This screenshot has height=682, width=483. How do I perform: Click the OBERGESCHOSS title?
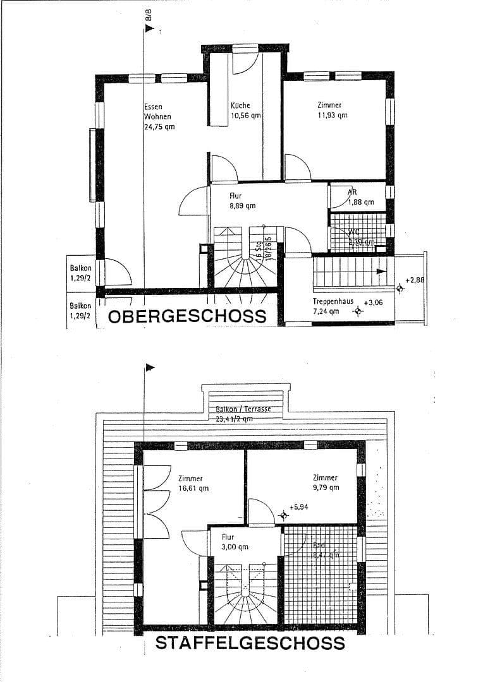click(x=187, y=316)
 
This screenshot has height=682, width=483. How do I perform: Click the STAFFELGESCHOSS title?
click(x=250, y=643)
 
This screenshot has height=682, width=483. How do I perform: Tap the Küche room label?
click(x=240, y=105)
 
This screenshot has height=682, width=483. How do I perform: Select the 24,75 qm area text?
click(x=159, y=126)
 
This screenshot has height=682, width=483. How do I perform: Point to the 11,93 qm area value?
click(x=332, y=116)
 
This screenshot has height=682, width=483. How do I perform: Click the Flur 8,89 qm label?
click(x=241, y=201)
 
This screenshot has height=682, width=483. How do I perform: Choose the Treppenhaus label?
click(x=334, y=301)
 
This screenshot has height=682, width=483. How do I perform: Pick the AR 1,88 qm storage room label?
click(x=360, y=197)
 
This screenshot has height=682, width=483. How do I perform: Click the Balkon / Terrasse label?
click(x=243, y=409)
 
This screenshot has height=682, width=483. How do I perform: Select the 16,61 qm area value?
click(x=193, y=488)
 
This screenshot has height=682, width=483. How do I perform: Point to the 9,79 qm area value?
click(x=324, y=488)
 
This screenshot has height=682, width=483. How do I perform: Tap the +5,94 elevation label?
click(x=298, y=506)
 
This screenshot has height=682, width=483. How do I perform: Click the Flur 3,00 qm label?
click(x=235, y=542)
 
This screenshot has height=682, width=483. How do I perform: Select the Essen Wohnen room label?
click(x=157, y=112)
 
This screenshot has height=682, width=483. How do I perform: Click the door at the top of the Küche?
click(x=245, y=61)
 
